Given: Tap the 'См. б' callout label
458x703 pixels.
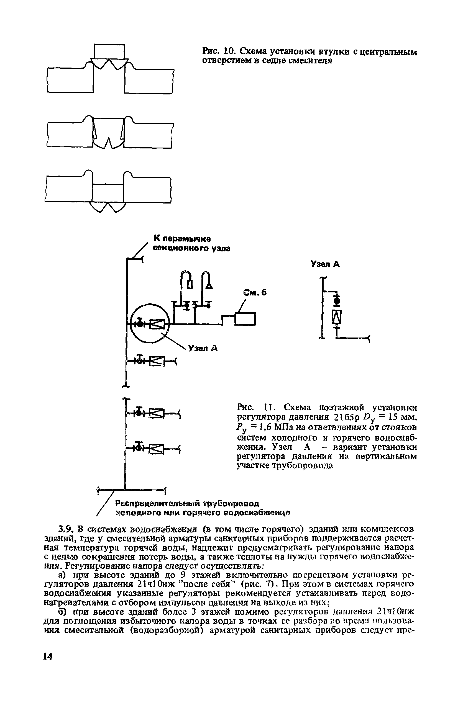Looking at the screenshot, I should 255,292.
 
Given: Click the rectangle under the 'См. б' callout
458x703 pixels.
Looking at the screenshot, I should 245,319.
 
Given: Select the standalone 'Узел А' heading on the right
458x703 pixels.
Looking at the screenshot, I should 325,264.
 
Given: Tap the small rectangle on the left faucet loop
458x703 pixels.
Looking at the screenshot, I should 190,284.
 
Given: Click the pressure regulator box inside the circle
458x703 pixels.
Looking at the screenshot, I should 157,324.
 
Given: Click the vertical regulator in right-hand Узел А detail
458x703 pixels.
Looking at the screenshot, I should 337,318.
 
